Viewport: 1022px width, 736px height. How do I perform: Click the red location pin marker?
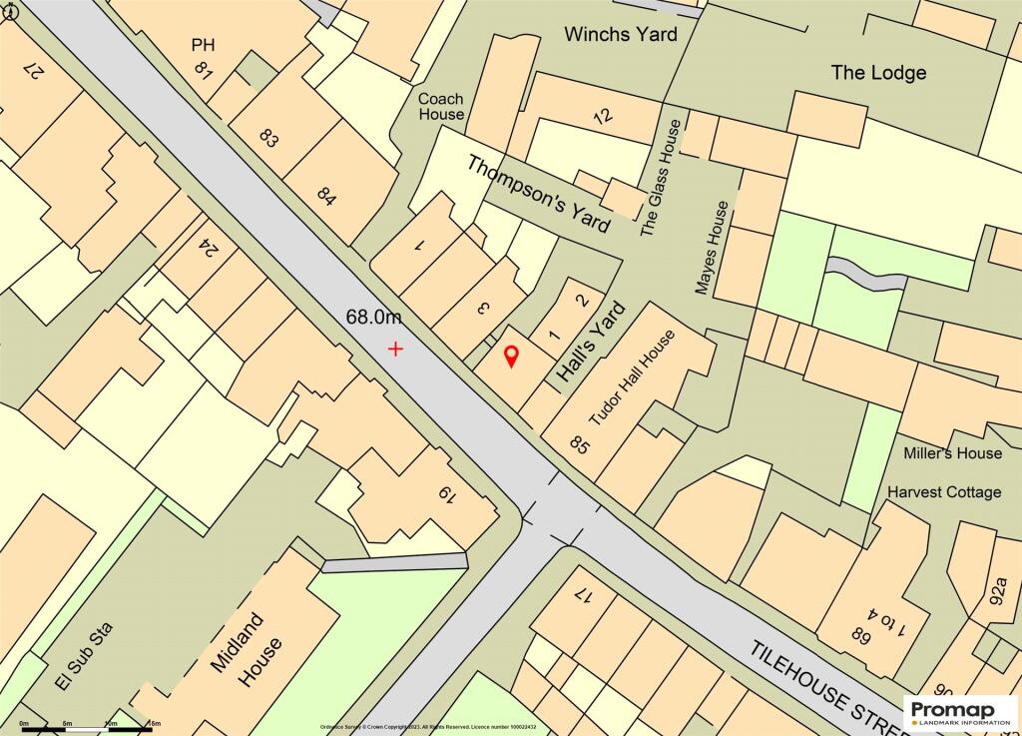(511, 356)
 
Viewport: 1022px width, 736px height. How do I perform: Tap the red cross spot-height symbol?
(396, 349)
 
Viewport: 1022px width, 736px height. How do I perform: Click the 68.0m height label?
(374, 318)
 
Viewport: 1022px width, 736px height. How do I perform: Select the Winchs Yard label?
(620, 34)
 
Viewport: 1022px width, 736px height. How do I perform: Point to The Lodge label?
(878, 72)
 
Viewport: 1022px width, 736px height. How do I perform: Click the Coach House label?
(441, 106)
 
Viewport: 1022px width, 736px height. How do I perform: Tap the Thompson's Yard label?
(538, 194)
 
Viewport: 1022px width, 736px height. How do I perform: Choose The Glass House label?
(661, 177)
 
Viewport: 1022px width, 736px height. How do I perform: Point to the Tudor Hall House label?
(633, 378)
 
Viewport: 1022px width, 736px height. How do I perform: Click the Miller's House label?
(952, 453)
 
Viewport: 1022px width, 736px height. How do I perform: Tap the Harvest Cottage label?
(944, 492)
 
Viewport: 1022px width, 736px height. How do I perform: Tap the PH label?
(204, 44)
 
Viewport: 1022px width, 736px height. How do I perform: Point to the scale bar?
(90, 727)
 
